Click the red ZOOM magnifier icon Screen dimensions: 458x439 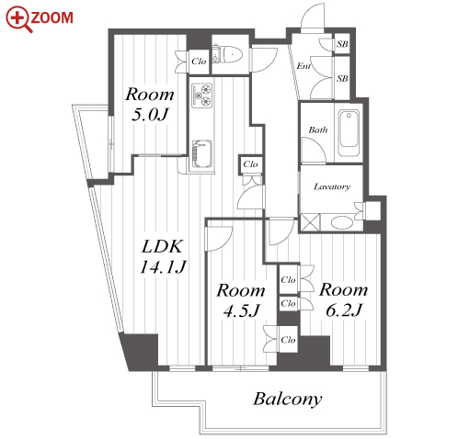click(x=18, y=19)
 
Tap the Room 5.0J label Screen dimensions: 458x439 click(x=150, y=104)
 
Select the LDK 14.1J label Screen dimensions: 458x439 click(x=163, y=256)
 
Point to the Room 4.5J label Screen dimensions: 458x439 click(x=241, y=300)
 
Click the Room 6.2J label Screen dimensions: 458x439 click(x=343, y=299)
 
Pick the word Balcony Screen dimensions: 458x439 click(x=288, y=400)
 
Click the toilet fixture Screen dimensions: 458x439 click(x=227, y=55)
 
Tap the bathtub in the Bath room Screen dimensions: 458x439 click(x=349, y=133)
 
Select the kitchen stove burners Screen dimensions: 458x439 click(x=202, y=96)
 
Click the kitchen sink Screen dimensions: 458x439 click(x=201, y=154)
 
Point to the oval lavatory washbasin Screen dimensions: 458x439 click(x=342, y=222)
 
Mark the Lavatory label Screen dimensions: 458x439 click(x=332, y=186)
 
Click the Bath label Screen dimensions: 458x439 click(x=318, y=129)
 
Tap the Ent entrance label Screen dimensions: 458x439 click(x=303, y=66)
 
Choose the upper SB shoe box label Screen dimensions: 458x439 click(x=342, y=44)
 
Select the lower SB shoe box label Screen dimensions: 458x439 click(x=342, y=78)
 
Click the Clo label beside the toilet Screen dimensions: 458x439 click(x=199, y=62)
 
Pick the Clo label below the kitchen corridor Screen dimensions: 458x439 click(x=250, y=164)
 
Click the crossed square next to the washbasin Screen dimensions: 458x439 click(x=310, y=222)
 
